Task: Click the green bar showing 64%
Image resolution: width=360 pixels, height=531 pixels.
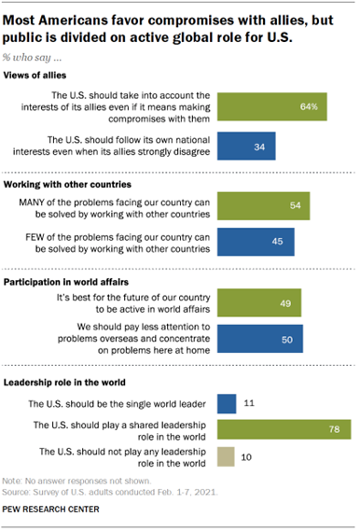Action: pyautogui.click(x=271, y=107)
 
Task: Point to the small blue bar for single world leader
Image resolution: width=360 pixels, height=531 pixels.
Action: pyautogui.click(x=225, y=403)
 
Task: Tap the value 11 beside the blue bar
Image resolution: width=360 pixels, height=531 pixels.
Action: pyautogui.click(x=248, y=403)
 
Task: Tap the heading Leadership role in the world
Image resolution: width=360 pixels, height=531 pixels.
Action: pyautogui.click(x=70, y=383)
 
